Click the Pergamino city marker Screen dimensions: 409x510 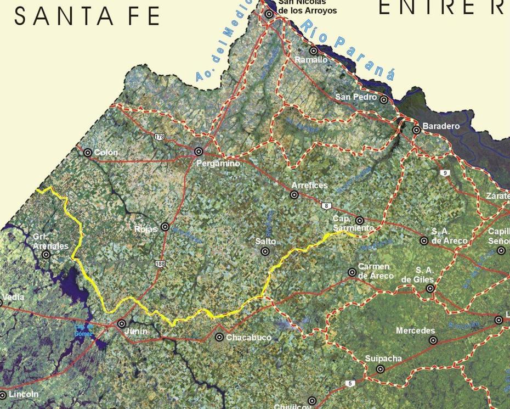click(x=199, y=151)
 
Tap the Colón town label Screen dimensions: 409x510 click(x=106, y=152)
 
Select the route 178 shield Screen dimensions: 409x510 click(x=160, y=137)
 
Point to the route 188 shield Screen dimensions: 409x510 click(x=160, y=264)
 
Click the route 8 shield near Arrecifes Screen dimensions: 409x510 click(x=327, y=206)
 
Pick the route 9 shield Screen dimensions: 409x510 click(x=444, y=173)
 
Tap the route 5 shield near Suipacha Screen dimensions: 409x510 click(x=350, y=383)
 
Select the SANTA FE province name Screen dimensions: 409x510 click(x=87, y=17)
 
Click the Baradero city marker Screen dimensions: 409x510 click(x=416, y=130)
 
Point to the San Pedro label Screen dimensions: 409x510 click(x=356, y=97)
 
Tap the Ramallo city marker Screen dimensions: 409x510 click(x=314, y=51)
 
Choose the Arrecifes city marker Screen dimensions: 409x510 click(x=294, y=195)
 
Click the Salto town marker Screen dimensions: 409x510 click(x=265, y=251)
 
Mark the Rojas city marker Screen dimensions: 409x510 click(x=165, y=227)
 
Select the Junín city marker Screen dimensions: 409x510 click(x=122, y=324)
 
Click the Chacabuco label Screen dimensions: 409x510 click(x=248, y=338)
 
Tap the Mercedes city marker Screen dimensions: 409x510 click(x=433, y=340)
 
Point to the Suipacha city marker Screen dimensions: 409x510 click(x=380, y=369)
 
